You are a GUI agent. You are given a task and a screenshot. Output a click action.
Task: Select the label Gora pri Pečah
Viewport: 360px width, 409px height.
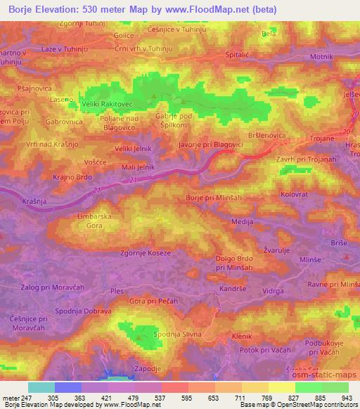pyautogui.click(x=154, y=301)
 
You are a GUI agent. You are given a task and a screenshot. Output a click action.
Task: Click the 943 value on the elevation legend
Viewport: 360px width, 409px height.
pyautogui.click(x=347, y=398)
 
